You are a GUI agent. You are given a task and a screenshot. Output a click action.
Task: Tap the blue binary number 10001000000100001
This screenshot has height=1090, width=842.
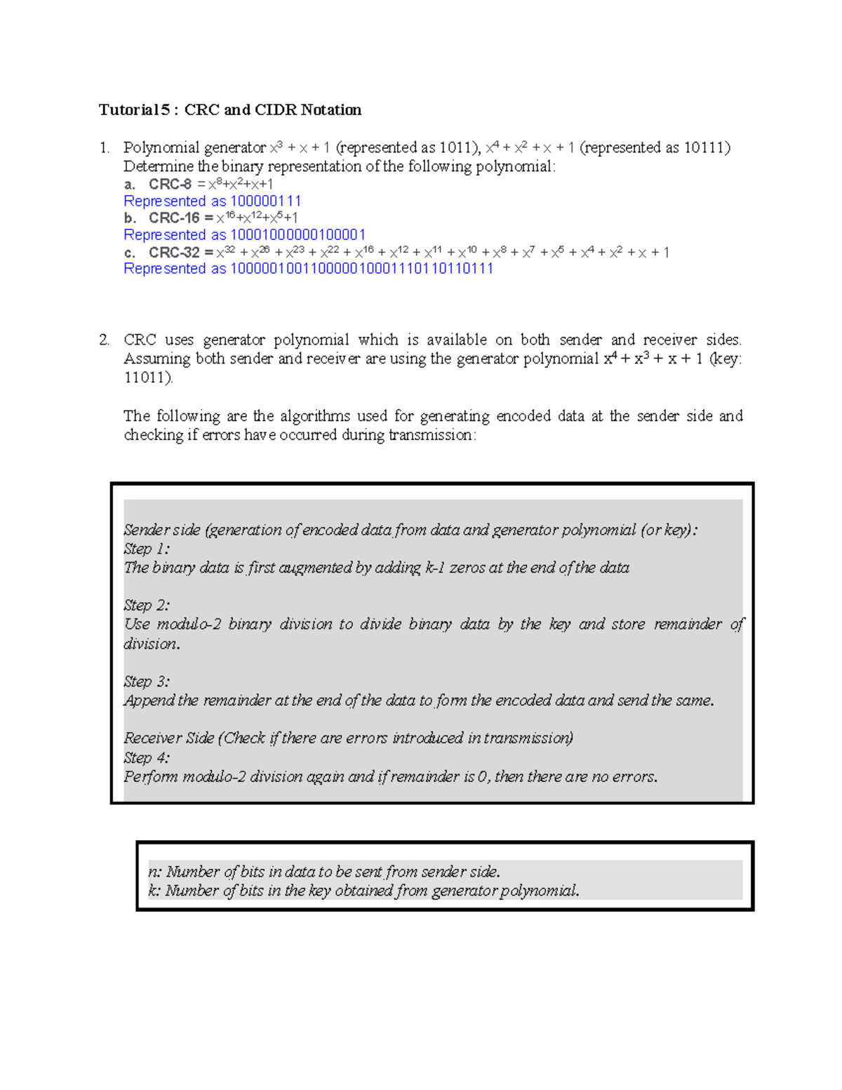298,235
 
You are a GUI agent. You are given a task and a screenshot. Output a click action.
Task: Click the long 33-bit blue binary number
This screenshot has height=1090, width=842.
361,269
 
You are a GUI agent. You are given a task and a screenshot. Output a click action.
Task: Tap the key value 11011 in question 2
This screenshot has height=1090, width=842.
147,378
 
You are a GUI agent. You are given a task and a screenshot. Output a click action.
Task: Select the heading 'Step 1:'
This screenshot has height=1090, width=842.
147,549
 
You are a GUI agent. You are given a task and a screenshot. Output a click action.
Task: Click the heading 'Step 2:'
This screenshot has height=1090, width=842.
147,605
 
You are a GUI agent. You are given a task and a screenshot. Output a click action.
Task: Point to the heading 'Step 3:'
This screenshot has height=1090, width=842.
147,682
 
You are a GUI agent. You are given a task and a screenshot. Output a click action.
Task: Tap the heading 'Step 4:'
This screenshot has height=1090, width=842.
147,758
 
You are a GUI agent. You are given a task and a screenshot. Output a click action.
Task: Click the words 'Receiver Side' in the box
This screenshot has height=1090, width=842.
168,738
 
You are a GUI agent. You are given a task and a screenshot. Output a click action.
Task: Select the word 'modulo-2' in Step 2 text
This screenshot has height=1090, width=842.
187,625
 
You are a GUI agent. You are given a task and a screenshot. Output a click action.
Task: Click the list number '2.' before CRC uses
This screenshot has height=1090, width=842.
105,340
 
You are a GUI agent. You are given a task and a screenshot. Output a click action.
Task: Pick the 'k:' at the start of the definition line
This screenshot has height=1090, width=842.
154,891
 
